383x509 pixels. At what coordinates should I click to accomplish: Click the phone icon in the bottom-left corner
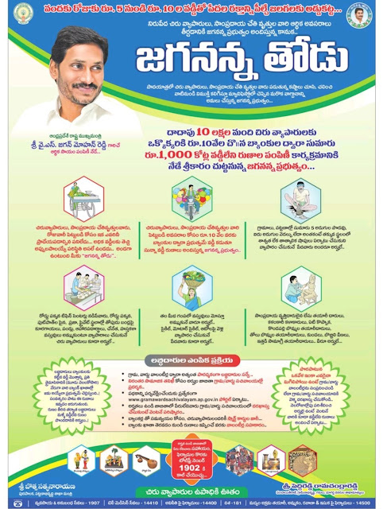pos(7,503)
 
